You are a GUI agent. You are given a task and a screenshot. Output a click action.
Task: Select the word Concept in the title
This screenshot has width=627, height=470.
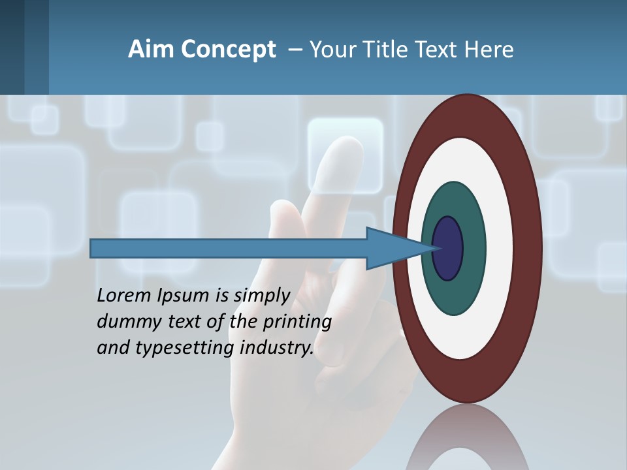click(x=229, y=50)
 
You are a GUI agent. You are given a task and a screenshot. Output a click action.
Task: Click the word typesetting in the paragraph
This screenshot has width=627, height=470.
click(x=185, y=349)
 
